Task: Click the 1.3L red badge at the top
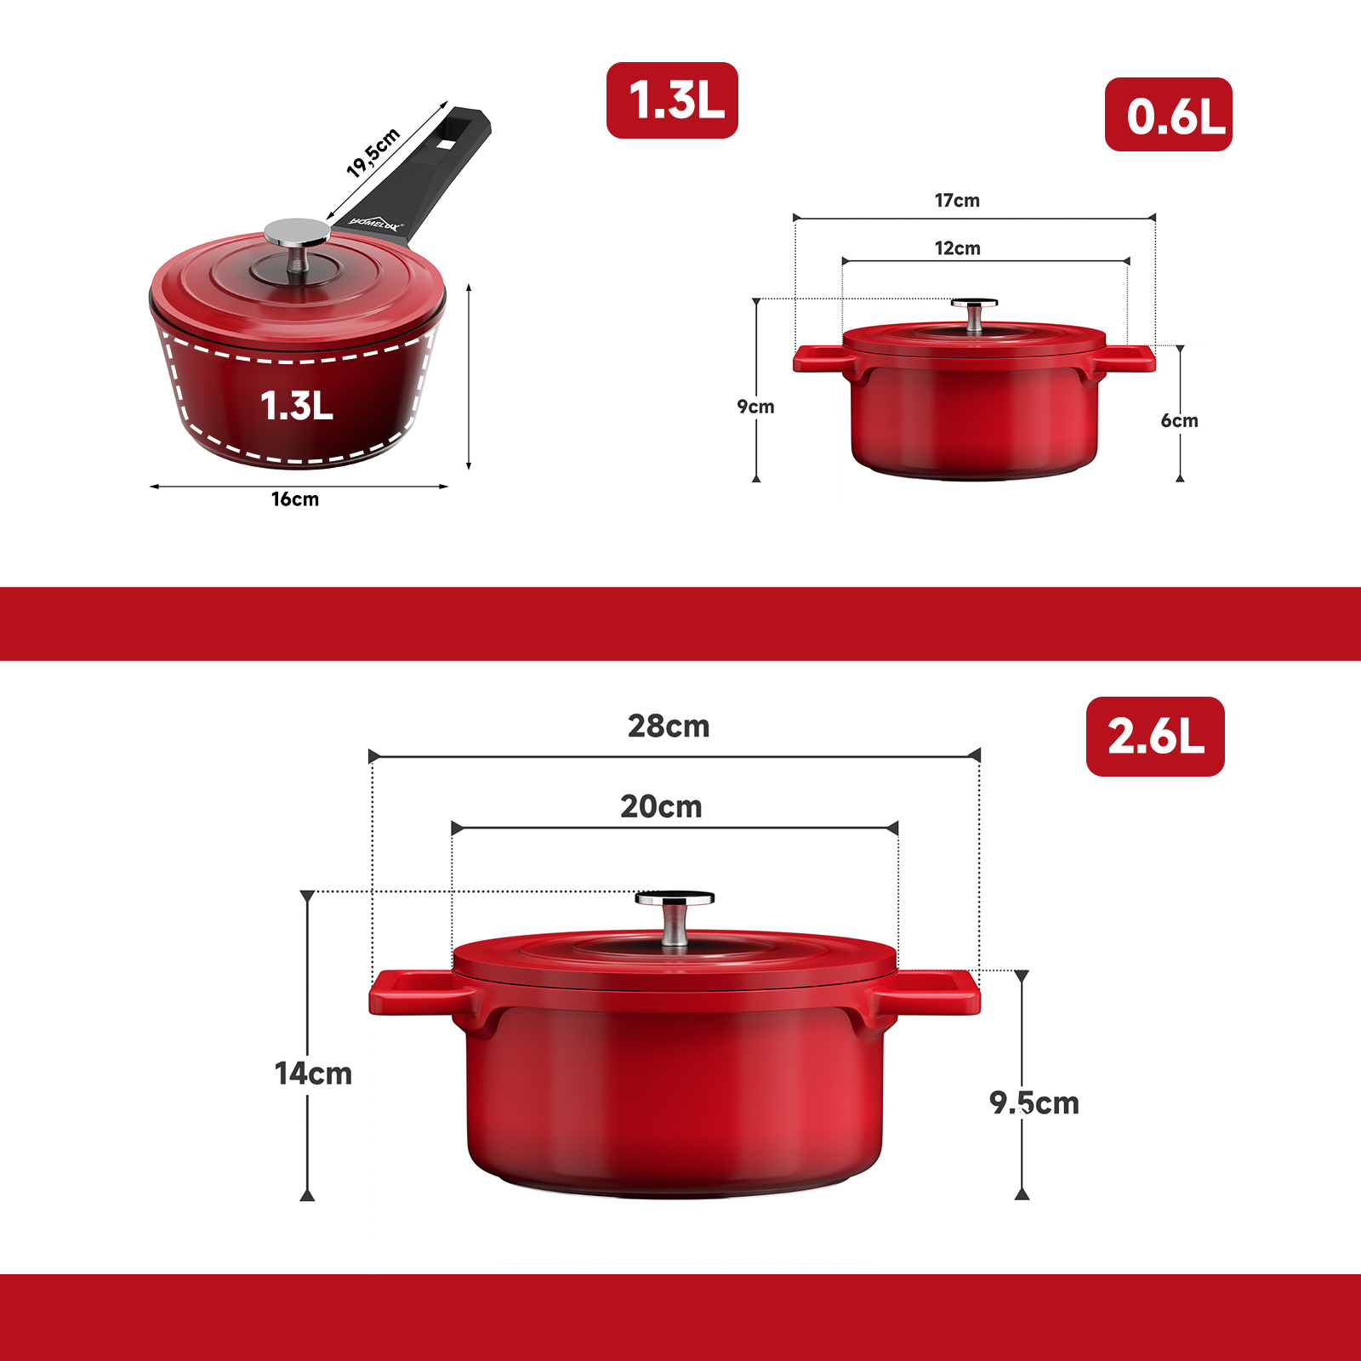672,100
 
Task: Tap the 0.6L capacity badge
1169,115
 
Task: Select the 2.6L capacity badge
1155,737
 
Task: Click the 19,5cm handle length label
373,152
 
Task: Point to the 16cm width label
295,499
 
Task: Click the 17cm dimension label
957,201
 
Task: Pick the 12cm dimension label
957,248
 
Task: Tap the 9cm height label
755,407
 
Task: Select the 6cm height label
1180,420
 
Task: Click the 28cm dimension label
669,726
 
